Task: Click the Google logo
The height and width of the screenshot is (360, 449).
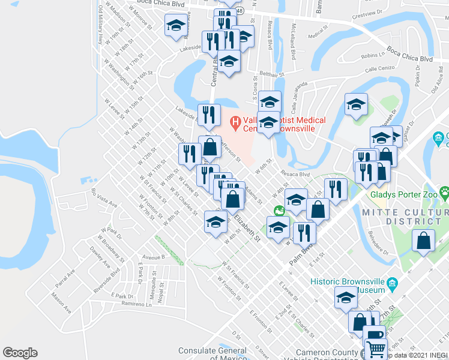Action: [20, 353]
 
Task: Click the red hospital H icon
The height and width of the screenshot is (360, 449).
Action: [235, 123]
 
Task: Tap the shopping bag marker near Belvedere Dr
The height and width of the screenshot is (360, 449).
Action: [424, 241]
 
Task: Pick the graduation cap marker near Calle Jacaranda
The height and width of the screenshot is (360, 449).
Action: [356, 104]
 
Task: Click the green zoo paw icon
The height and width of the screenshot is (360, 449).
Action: [444, 193]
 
